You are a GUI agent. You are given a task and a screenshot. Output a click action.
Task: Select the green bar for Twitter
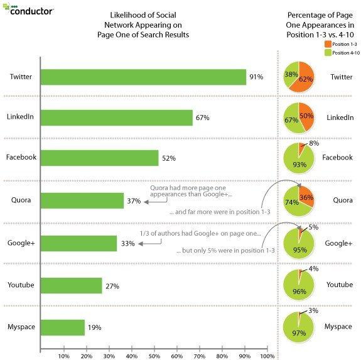143,77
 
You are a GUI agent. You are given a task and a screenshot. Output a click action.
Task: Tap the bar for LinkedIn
117,117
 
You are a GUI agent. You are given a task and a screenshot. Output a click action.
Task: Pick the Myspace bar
63,327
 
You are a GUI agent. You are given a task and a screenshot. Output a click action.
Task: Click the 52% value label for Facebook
168,159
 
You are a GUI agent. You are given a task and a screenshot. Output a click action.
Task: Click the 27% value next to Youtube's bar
112,286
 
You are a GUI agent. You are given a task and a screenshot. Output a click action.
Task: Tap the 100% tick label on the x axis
267,356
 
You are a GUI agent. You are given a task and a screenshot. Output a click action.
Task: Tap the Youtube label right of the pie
340,285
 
